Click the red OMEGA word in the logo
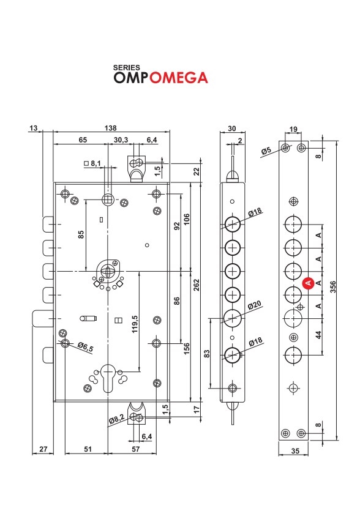(179, 78)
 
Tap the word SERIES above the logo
(127, 67)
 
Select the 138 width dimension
(111, 128)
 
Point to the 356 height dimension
(333, 287)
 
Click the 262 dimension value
(196, 286)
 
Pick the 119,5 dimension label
(135, 324)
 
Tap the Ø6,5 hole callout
(86, 346)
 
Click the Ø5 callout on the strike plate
(266, 151)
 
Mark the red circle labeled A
(308, 283)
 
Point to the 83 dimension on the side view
(207, 354)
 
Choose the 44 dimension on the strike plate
(318, 335)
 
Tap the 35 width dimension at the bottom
(295, 451)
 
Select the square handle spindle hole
(108, 199)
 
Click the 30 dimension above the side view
(232, 129)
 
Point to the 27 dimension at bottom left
(43, 449)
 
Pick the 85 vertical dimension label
(81, 234)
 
